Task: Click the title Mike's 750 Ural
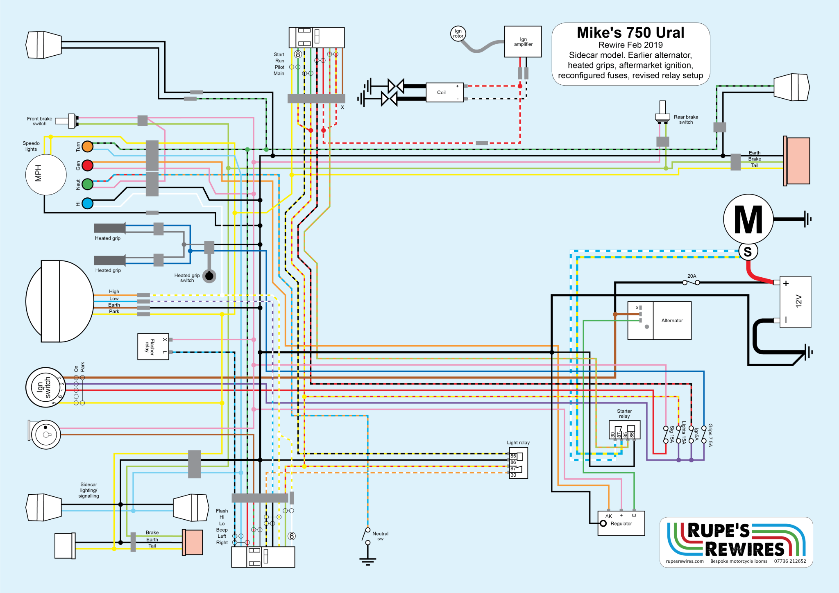point(630,33)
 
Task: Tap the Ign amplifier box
point(523,42)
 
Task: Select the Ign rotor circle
point(458,33)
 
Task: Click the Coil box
point(444,93)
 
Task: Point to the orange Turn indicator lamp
point(88,146)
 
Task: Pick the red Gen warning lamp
point(88,165)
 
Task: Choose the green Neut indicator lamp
point(88,184)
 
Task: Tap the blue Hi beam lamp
point(88,204)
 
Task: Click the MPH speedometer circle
point(46,174)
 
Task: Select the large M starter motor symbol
point(748,220)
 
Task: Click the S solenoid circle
point(748,251)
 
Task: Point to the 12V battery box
point(795,302)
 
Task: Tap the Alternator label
point(672,321)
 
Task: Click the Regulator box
point(621,523)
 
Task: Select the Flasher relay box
point(153,346)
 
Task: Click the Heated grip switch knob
point(209,276)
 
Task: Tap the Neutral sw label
point(380,536)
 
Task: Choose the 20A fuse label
point(692,276)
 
